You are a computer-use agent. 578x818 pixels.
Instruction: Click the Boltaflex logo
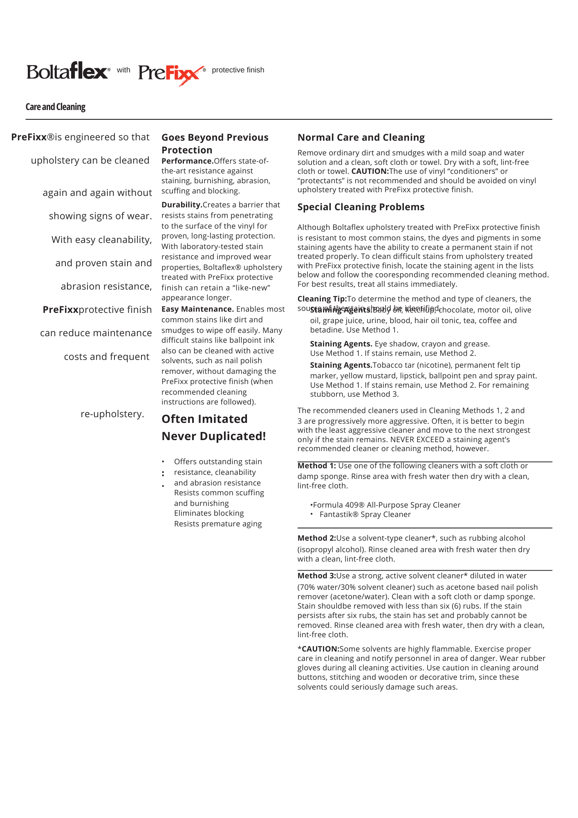(68, 71)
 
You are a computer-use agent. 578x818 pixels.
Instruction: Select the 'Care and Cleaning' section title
(56, 107)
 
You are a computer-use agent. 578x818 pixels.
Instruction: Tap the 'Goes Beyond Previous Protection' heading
(215, 144)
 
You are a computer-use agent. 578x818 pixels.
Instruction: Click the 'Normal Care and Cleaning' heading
(361, 137)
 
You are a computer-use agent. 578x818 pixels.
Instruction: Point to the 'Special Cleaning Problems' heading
(361, 207)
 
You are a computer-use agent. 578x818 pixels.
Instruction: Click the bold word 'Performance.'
(187, 161)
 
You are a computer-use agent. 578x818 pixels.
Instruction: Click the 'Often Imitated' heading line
(204, 419)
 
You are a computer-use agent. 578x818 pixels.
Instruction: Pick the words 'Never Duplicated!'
(214, 436)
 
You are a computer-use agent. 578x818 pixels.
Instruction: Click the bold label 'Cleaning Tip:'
(322, 299)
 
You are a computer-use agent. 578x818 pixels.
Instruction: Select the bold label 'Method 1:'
(316, 466)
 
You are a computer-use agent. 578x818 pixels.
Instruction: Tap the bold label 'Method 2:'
(316, 538)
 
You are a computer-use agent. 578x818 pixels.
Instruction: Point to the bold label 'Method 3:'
(316, 576)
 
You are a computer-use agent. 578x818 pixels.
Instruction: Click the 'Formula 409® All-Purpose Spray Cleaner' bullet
(386, 505)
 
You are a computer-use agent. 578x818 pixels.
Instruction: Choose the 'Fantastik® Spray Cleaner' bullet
(365, 515)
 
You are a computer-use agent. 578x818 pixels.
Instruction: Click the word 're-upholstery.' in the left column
(112, 414)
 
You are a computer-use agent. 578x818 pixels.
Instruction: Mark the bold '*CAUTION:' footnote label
(318, 649)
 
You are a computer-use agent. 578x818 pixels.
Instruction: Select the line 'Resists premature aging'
(218, 524)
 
